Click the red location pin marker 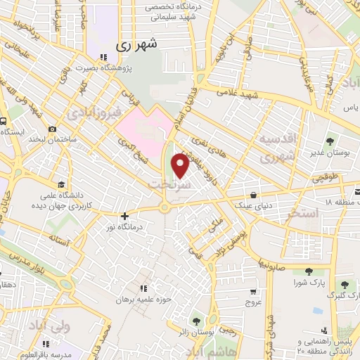pyautogui.click(x=181, y=166)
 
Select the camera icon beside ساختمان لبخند pyautogui.click(x=52, y=129)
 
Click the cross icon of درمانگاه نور pyautogui.click(x=124, y=216)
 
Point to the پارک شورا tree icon pyautogui.click(x=307, y=271)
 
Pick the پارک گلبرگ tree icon pyautogui.click(x=345, y=284)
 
